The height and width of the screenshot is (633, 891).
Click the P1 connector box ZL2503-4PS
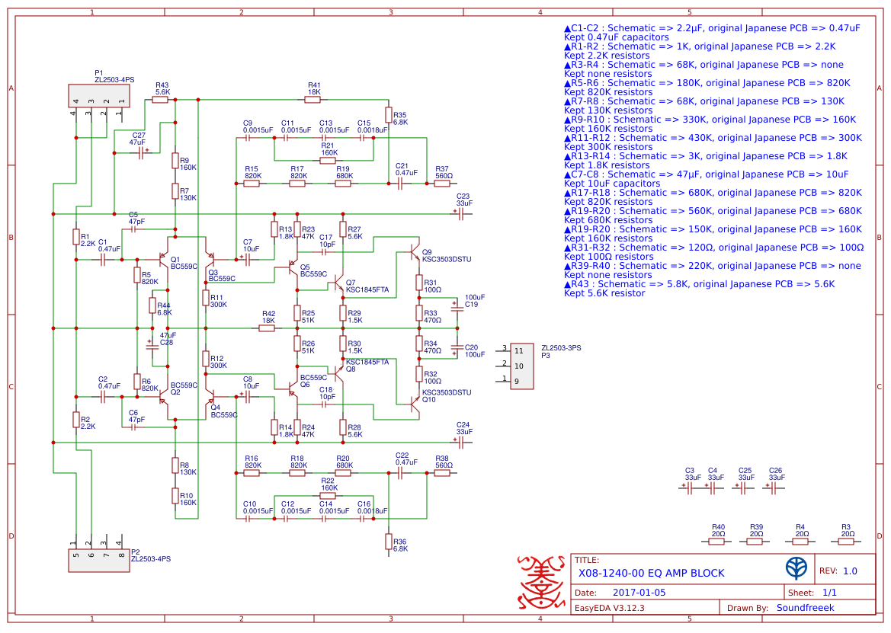(99, 96)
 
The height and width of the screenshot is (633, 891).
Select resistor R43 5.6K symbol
(160, 100)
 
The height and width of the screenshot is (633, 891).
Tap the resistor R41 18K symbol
(313, 100)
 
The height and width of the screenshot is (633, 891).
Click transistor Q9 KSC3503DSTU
(413, 251)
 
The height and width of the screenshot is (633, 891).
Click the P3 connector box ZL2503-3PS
(521, 366)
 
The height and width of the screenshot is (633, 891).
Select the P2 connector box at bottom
(99, 559)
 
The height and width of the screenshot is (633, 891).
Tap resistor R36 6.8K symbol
(389, 542)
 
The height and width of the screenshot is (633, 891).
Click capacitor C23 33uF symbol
(461, 214)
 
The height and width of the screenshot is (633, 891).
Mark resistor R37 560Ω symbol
(442, 184)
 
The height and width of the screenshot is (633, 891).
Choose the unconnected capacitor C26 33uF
(774, 488)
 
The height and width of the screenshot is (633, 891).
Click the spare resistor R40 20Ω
(718, 542)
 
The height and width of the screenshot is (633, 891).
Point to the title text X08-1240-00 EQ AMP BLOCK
(651, 573)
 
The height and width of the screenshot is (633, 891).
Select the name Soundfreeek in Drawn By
(805, 608)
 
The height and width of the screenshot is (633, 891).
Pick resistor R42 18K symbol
(267, 328)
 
